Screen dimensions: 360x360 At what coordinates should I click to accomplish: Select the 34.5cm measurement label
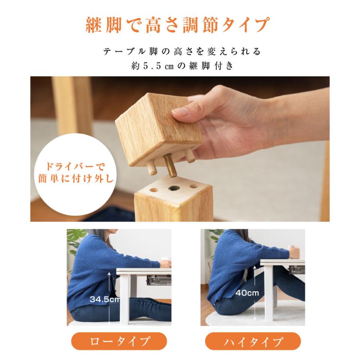coord(104,299)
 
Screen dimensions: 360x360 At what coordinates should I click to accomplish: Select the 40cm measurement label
coord(247,293)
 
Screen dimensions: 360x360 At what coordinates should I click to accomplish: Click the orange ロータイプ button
coord(119,342)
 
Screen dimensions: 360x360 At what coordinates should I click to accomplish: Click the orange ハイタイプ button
coord(253,342)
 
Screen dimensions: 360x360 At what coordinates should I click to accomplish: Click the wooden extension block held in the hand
coord(156,126)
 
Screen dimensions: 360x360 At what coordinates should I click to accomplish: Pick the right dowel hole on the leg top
coord(194,186)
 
